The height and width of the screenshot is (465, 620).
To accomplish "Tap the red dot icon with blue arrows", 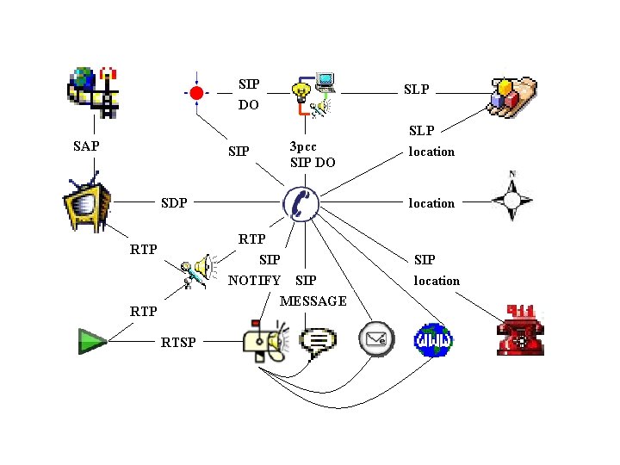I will pos(196,92).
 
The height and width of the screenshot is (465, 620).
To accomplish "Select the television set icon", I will pos(86,205).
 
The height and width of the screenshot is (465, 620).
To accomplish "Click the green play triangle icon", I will pos(91,341).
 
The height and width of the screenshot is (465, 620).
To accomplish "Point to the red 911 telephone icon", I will pos(521,329).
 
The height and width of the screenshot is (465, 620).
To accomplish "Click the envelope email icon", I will pos(376,338).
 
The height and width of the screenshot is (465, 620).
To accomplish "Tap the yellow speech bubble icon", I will pos(319,341).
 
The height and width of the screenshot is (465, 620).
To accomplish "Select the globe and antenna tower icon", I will pos(93,90).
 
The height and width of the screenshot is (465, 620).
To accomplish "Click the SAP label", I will pos(86,146).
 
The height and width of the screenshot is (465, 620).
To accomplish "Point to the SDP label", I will pos(175,203).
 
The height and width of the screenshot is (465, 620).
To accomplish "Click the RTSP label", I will pos(178,343).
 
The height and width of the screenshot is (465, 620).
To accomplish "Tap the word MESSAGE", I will pos(313,301).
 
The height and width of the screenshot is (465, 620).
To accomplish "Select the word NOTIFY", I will pos(254,281).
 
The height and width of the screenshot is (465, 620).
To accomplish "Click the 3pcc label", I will pos(303,146).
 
